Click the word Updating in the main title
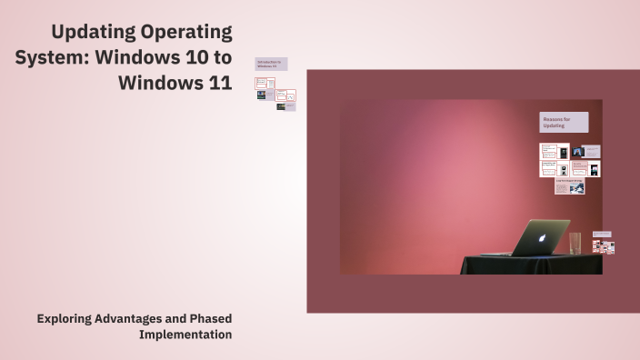click(91, 33)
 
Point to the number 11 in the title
click(218, 83)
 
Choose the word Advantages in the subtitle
click(139, 319)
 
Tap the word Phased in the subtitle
click(211, 319)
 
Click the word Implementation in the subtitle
click(185, 335)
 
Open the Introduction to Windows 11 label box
click(271, 65)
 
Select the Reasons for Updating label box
click(564, 123)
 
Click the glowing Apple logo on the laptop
click(542, 238)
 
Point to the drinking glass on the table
click(575, 243)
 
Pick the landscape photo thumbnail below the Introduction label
click(261, 95)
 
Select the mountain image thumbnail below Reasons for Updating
click(577, 152)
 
